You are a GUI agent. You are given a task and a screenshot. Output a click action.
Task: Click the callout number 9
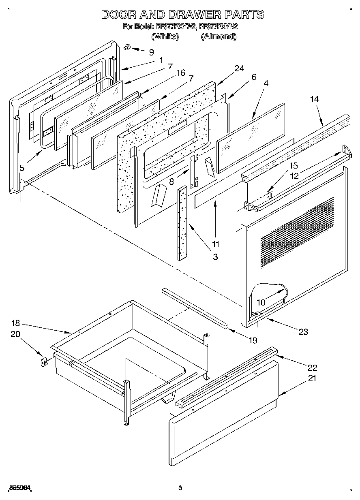151,52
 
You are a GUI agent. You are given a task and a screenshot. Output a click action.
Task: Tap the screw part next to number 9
127,47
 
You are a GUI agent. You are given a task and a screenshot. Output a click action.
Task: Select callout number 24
239,68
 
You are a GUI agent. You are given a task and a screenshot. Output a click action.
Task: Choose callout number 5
22,167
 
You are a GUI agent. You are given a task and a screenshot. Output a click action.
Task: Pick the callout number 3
215,257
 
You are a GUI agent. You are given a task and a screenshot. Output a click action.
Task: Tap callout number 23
303,332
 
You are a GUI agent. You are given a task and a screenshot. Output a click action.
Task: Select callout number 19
252,340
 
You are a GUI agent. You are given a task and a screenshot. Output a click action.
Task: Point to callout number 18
15,324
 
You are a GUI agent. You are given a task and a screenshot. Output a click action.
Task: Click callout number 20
15,334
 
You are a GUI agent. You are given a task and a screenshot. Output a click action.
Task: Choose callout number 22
312,368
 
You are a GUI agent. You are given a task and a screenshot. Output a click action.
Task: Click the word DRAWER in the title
193,15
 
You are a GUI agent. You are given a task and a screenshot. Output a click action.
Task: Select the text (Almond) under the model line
219,36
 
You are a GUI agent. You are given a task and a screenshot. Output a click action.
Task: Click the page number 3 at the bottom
180,488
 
